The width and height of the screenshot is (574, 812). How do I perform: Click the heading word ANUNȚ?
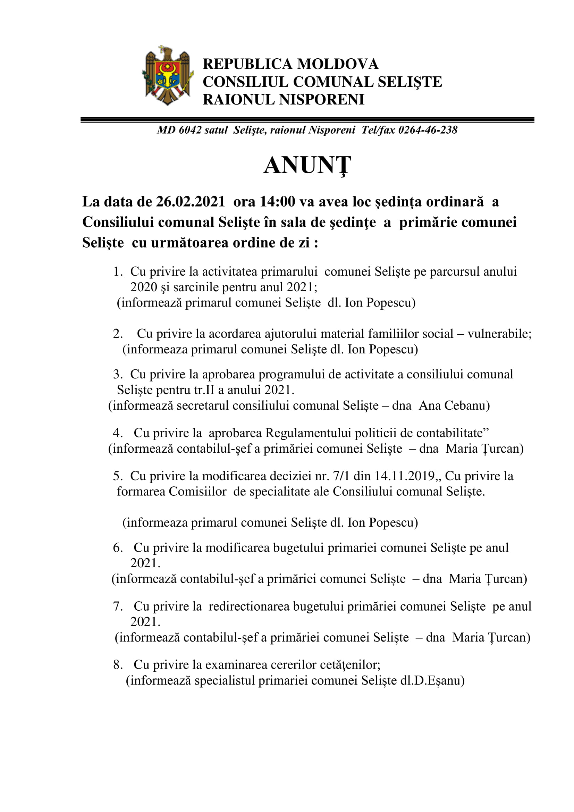307,165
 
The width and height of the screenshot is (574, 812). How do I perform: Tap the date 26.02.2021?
191,202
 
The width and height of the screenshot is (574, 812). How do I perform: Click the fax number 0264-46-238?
428,130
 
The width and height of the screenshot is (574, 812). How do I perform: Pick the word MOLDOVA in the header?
338,64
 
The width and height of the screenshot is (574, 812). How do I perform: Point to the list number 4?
118,433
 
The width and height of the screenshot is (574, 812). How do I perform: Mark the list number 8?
118,665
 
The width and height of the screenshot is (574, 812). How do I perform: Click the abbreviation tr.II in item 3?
204,390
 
